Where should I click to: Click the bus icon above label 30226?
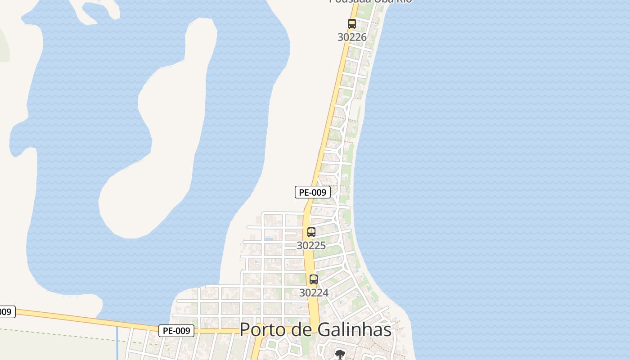351,24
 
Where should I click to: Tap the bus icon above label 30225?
311,232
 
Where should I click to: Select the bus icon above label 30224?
314,279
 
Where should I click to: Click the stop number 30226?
352,37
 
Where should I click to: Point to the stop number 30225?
311,245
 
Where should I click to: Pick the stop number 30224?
314,292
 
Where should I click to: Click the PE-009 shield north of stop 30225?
313,192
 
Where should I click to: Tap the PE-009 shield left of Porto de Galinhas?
176,331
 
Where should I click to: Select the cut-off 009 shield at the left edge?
6,311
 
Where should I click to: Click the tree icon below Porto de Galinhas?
340,354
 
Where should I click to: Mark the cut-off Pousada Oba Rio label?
370,1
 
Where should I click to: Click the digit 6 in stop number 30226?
364,37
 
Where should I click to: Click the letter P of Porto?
245,329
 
